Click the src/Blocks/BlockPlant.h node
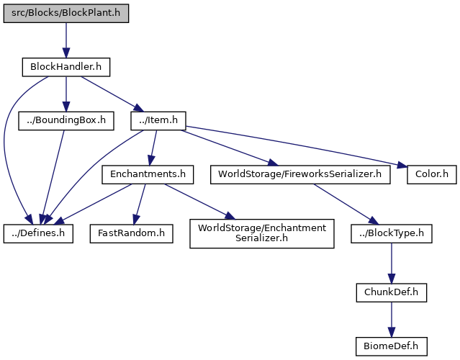point(66,13)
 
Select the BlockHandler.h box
point(66,67)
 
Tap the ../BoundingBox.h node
point(66,121)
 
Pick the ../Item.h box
point(158,121)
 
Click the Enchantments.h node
point(148,175)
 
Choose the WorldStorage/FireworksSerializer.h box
point(300,175)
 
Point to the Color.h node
point(432,175)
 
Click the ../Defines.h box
point(38,233)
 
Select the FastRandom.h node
point(132,233)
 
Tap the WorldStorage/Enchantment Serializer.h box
point(262,233)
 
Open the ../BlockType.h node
point(392,233)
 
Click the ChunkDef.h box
point(392,292)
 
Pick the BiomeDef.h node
point(392,346)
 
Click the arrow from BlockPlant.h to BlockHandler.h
point(66,40)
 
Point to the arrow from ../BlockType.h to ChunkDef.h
point(392,264)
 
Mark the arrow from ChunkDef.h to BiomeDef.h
point(392,320)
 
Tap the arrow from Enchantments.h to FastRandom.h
point(140,204)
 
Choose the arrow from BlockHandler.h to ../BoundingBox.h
point(66,94)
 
